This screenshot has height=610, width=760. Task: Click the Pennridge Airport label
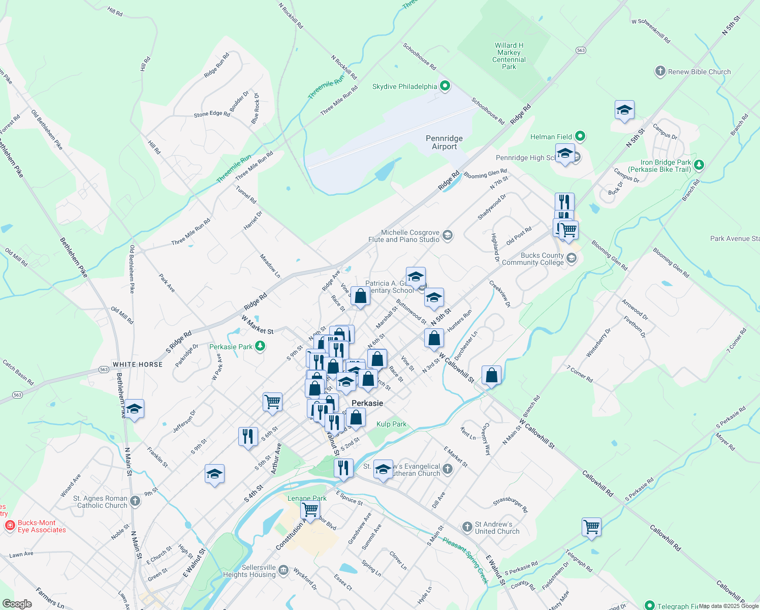(444, 142)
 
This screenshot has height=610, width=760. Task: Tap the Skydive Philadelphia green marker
(445, 86)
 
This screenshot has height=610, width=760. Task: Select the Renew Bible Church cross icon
(660, 72)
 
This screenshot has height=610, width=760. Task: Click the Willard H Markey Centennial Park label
(509, 56)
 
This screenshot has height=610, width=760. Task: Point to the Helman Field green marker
(580, 136)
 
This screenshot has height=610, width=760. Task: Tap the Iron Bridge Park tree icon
(699, 165)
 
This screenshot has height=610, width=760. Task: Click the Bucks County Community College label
(533, 259)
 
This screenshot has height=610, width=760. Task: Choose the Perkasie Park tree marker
(260, 346)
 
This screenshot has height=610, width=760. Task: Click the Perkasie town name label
(367, 403)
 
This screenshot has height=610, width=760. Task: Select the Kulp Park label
(391, 424)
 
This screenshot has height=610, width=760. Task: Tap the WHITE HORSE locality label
(138, 364)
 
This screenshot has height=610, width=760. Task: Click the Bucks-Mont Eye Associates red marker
(9, 526)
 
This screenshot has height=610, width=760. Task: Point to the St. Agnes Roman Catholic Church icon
(135, 501)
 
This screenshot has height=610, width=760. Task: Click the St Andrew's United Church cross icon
(467, 527)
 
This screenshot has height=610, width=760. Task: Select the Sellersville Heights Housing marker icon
(283, 570)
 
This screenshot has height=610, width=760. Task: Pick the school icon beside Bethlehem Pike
(134, 408)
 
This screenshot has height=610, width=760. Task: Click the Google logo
(17, 604)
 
